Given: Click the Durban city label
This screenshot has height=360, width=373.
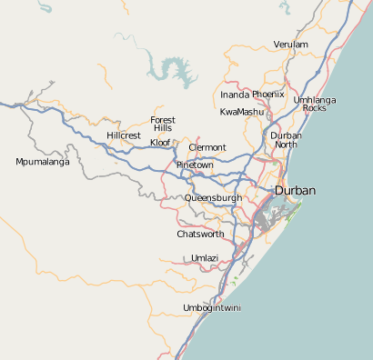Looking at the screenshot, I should [x=296, y=191].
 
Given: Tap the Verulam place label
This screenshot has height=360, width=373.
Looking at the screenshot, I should [x=290, y=45].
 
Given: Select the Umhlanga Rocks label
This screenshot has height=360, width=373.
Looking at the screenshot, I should [x=315, y=104].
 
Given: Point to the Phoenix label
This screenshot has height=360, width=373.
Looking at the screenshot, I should [x=268, y=95].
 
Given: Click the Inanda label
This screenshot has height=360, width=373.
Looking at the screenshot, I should [x=235, y=95].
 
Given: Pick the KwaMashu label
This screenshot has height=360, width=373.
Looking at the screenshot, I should [x=240, y=112].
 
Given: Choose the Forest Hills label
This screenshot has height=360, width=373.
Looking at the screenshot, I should [x=163, y=125].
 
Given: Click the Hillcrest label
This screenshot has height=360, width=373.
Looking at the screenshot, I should [x=124, y=135].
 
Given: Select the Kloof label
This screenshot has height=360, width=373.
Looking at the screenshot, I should [x=160, y=143].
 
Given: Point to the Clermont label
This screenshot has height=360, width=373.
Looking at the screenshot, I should [x=207, y=147].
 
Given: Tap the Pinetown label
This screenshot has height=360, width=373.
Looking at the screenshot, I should [x=195, y=165].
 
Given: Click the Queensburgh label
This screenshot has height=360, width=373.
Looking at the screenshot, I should [x=214, y=197].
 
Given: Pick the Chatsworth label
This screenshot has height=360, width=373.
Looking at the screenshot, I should [x=200, y=234].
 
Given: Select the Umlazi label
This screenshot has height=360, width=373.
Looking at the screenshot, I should [x=205, y=258].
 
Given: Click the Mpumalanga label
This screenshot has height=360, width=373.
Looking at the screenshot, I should [x=43, y=162].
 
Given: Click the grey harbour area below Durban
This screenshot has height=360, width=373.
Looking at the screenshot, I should [x=271, y=218].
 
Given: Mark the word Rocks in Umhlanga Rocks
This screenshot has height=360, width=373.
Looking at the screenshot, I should [x=315, y=108].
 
